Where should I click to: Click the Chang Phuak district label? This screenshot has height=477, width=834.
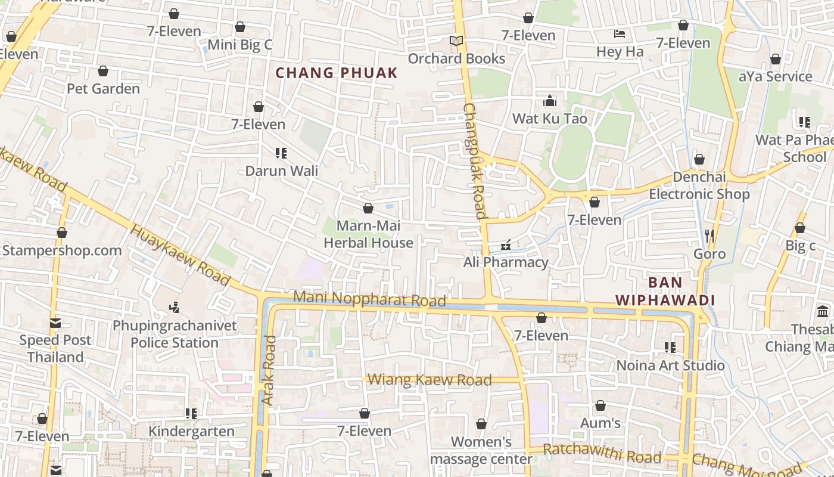coord(337,73)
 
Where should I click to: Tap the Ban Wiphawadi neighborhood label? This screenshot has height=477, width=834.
coord(665,291)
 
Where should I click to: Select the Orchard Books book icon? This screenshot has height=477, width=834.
coord(456,41)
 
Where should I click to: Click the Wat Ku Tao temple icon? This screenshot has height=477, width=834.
coord(550,101)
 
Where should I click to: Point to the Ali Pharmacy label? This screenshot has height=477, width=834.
coord(506,262)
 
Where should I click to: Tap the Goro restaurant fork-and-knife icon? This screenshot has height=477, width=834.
coord(709,236)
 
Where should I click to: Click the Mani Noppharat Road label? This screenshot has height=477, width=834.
coord(369,299)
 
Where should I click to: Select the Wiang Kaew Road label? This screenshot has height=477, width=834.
coord(430,380)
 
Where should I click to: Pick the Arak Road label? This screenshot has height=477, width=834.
coord(269,370)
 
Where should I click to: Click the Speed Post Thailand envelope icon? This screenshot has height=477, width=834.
coord(55,323)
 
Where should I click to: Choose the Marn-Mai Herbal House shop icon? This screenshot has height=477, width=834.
coord(368,208)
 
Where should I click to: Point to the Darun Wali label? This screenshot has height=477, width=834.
coord(282,171)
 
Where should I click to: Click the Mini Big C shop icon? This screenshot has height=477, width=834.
coord(240,27)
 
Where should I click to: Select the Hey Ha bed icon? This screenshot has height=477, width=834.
coord(620,34)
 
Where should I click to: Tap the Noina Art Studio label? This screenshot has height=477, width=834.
coord(670,366)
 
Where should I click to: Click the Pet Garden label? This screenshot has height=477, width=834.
coord(103,89)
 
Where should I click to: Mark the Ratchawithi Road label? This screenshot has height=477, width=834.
coord(602,454)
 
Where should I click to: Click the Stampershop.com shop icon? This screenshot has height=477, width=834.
coord(62,233)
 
